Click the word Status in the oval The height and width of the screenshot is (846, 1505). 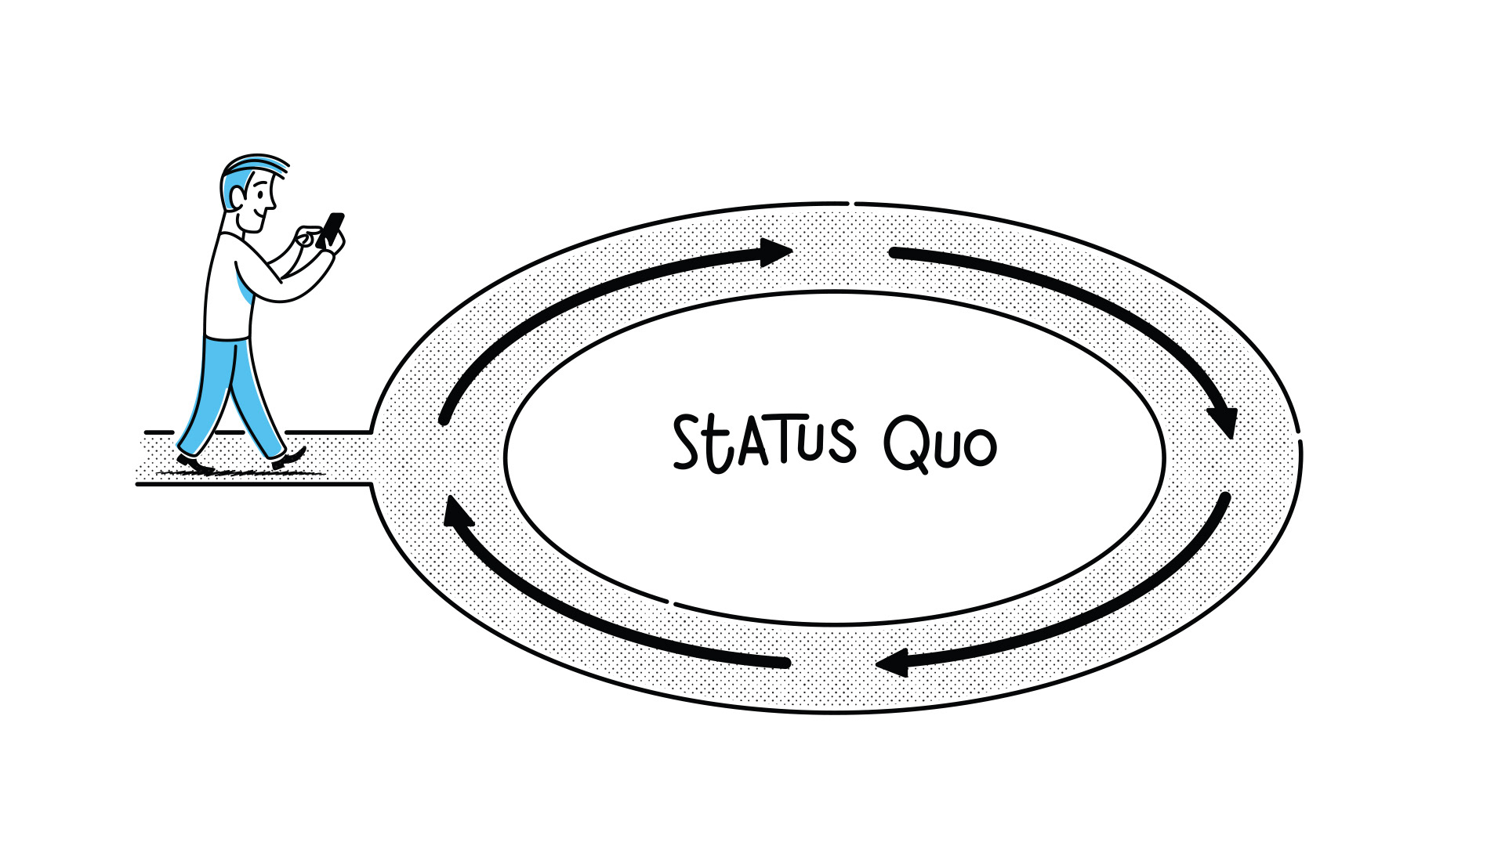(764, 443)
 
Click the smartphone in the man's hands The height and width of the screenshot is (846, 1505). (333, 229)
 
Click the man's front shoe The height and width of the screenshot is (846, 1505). (288, 458)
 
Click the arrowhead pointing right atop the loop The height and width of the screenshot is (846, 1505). (776, 252)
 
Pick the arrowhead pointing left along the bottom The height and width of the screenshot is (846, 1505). (892, 664)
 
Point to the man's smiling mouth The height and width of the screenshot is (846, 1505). (257, 215)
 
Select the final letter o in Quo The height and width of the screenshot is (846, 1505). (980, 448)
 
